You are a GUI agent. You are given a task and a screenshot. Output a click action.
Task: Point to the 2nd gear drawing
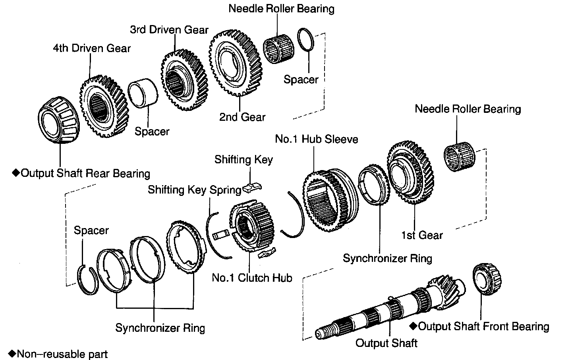[x=234, y=64]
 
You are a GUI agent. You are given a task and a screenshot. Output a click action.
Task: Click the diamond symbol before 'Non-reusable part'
[x=12, y=353]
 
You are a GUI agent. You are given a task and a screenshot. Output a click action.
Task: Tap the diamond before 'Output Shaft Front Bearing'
[x=414, y=326]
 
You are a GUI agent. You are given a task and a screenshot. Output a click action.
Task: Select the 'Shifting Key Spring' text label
[x=194, y=190]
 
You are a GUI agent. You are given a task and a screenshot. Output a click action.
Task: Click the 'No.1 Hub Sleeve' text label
[x=316, y=139]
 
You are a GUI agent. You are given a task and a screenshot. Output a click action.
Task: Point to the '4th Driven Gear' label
[x=92, y=48]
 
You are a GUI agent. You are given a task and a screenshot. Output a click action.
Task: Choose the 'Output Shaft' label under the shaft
[x=386, y=343]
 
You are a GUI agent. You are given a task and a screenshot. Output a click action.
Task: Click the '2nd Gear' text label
[x=242, y=117]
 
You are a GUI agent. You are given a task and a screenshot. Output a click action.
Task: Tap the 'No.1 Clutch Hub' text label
[x=252, y=277]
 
